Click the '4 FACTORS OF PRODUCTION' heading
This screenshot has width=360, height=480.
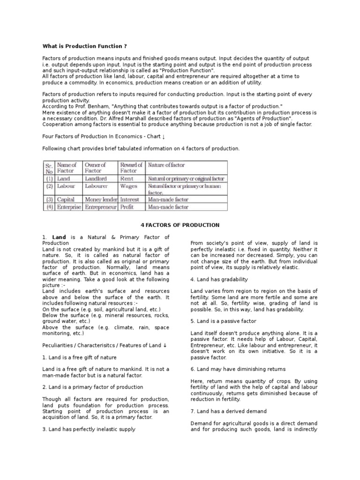coord(180,225)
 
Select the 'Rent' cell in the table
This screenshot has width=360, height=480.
coord(127,179)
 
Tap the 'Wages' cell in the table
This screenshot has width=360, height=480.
coord(128,186)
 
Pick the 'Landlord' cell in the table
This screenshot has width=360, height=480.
coord(96,179)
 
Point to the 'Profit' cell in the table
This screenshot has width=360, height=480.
coord(127,207)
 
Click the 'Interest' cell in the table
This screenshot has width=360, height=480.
coord(129,199)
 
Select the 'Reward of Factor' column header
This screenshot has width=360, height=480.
coord(131,168)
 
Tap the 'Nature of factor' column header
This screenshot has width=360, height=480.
coord(166,165)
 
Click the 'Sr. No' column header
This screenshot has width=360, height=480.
coord(49,168)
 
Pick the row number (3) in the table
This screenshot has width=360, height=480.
coord(49,199)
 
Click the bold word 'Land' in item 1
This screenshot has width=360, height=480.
coord(59,238)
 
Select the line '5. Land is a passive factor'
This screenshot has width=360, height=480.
coord(224,321)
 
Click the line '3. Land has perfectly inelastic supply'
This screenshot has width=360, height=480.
coord(89,429)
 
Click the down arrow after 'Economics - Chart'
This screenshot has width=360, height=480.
coord(163,136)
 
